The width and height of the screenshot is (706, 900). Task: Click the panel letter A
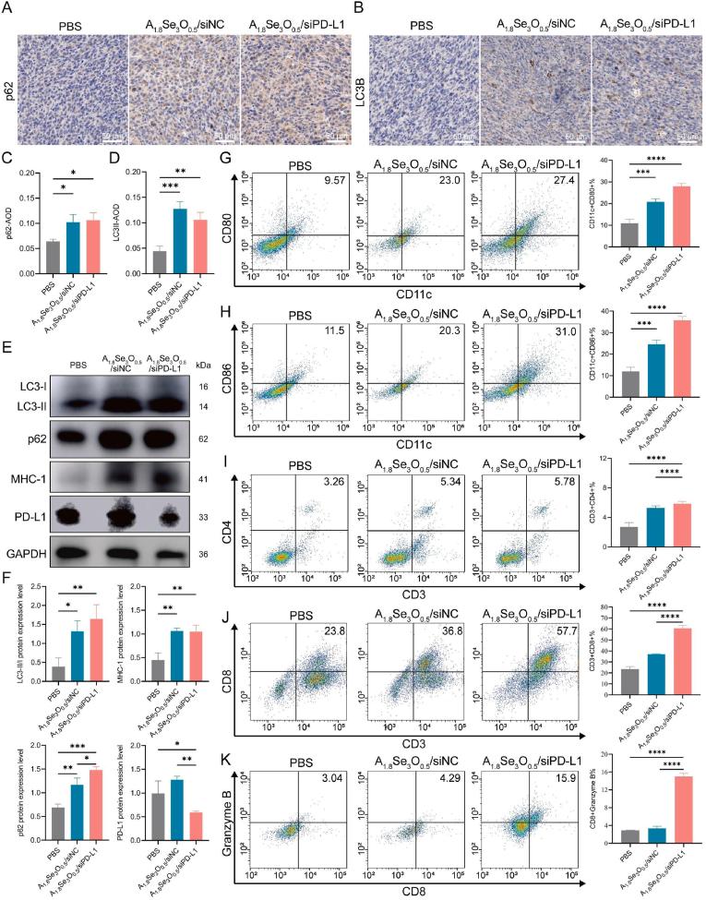click(8, 8)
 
